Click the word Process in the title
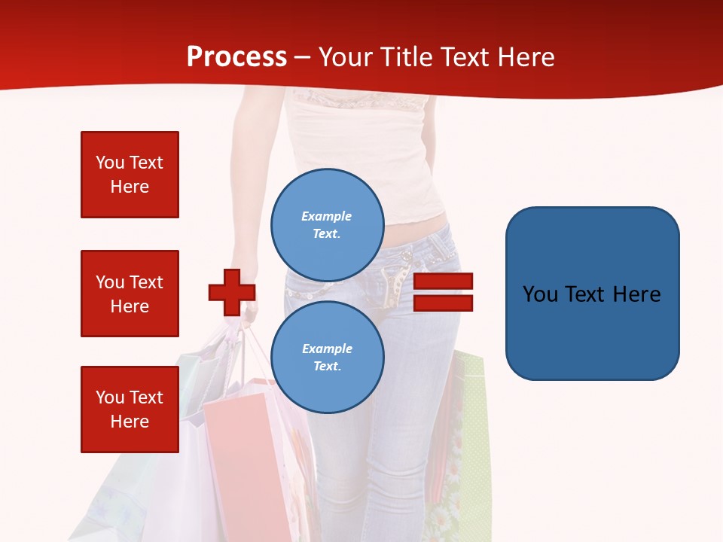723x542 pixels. (236, 57)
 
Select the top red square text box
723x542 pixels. (130, 175)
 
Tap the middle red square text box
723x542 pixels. (130, 294)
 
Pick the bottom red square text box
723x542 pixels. (130, 410)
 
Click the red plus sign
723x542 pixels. (232, 292)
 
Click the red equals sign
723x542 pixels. (443, 292)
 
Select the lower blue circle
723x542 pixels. (328, 357)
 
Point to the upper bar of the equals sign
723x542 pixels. (443, 282)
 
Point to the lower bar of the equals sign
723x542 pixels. (443, 303)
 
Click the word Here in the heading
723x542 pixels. (526, 57)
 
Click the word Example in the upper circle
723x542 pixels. (326, 216)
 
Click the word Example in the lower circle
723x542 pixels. (327, 349)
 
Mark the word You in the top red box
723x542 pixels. (110, 163)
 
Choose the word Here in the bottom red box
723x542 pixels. (130, 422)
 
